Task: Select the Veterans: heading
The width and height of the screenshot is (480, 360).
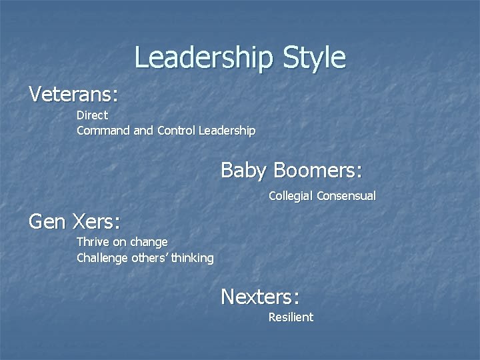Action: pyautogui.click(x=73, y=94)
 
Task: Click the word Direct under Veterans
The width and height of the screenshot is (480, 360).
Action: pyautogui.click(x=92, y=115)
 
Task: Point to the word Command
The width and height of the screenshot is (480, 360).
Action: pyautogui.click(x=103, y=131)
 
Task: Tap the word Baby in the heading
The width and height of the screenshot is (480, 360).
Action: pyautogui.click(x=243, y=170)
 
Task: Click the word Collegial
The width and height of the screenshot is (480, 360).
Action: pyautogui.click(x=291, y=196)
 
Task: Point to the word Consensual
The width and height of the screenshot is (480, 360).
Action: pyautogui.click(x=346, y=196)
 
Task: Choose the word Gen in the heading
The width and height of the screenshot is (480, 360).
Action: pyautogui.click(x=45, y=221)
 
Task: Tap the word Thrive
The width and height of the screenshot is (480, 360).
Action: pyautogui.click(x=93, y=241)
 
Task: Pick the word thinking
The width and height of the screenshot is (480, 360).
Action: pyautogui.click(x=193, y=257)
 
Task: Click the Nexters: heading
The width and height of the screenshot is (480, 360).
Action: pyautogui.click(x=260, y=295)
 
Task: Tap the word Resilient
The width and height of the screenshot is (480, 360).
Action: pyautogui.click(x=291, y=317)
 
